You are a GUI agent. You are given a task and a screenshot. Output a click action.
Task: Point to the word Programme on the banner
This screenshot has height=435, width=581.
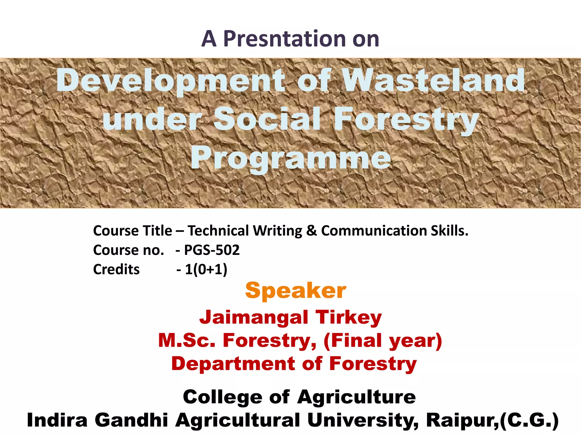pyautogui.click(x=291, y=158)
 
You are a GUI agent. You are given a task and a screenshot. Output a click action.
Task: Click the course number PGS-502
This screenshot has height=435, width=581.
pyautogui.click(x=212, y=250)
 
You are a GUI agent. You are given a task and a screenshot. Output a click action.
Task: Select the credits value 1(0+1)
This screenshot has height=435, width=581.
pyautogui.click(x=206, y=269)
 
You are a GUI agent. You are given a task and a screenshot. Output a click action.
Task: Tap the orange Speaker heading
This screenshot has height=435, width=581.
pyautogui.click(x=296, y=291)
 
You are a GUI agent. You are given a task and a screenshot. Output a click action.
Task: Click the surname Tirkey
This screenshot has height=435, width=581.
pyautogui.click(x=349, y=317)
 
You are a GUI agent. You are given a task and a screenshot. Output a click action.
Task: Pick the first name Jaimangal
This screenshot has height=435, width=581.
pyautogui.click(x=254, y=317)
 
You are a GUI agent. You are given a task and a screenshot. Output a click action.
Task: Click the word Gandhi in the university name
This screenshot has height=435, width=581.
pyautogui.click(x=131, y=420)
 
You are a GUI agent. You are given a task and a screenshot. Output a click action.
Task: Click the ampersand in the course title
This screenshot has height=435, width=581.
pyautogui.click(x=311, y=231)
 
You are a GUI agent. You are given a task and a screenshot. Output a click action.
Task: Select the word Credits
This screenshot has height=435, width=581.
pyautogui.click(x=116, y=269)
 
